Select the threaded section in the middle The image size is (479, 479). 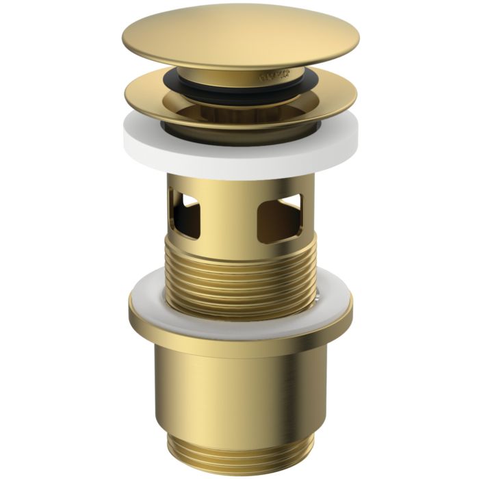click(239, 274)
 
